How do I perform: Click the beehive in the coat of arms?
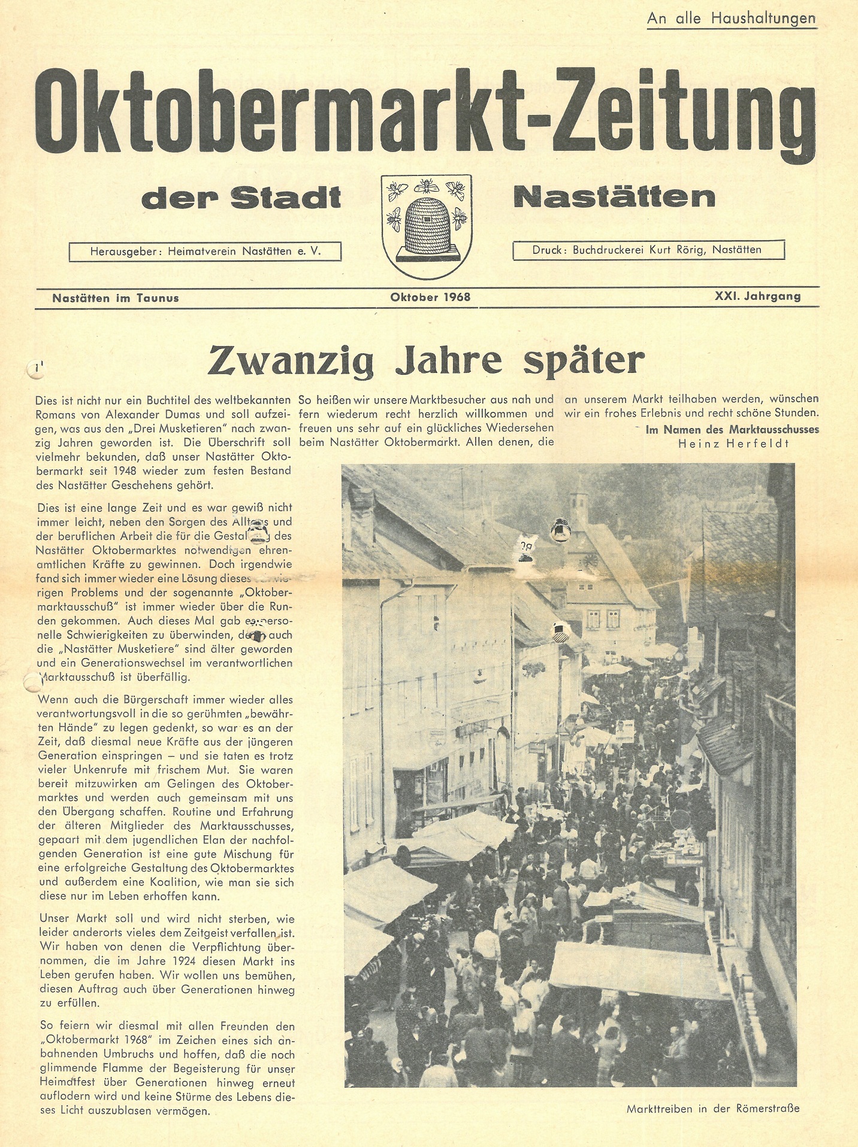click(427, 226)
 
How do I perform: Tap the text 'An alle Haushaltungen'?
click(731, 19)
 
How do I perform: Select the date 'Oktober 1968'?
click(430, 297)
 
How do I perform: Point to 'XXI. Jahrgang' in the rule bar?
click(757, 296)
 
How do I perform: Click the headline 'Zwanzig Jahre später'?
click(426, 360)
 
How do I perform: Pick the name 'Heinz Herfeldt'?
click(733, 444)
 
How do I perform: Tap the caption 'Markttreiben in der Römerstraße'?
click(712, 1109)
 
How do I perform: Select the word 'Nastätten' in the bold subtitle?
click(614, 197)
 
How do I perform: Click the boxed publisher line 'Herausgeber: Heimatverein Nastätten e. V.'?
click(206, 251)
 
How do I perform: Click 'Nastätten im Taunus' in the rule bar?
click(116, 298)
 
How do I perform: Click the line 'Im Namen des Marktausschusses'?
click(732, 429)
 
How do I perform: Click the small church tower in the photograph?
click(579, 506)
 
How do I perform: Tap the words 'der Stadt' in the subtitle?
click(241, 198)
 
